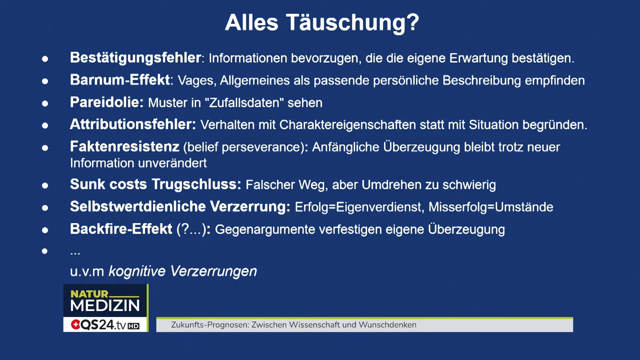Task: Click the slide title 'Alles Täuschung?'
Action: click(x=321, y=22)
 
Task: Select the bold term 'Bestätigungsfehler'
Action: click(x=135, y=58)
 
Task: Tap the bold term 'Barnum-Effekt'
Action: click(x=120, y=80)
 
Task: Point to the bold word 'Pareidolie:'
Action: click(x=106, y=102)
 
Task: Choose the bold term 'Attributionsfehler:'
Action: click(x=132, y=124)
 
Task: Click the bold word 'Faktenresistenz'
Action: click(x=124, y=147)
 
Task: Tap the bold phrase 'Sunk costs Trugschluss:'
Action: click(x=155, y=184)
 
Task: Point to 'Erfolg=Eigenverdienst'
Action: click(x=358, y=207)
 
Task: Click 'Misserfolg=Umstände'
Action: click(x=491, y=207)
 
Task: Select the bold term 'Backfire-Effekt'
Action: click(x=121, y=229)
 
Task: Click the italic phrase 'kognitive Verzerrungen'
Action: click(x=182, y=271)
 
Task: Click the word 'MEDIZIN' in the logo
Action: click(x=105, y=305)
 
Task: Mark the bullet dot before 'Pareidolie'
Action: click(x=45, y=103)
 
